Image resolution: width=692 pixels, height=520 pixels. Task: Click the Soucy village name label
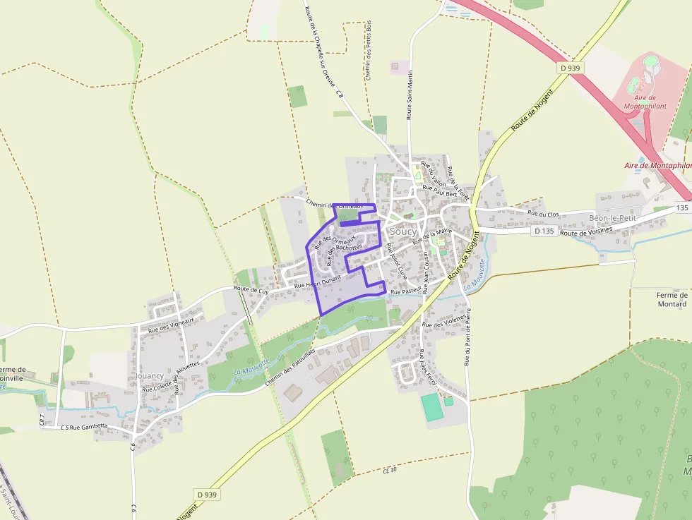pos(402,231)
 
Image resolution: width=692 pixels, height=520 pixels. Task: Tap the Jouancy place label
pos(150,376)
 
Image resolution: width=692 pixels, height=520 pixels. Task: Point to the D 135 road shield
pos(544,231)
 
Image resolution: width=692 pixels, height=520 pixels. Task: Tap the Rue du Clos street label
pos(542,212)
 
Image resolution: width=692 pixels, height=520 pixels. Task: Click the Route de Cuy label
pos(251,290)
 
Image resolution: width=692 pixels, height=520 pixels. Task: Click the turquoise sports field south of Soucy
pos(432,407)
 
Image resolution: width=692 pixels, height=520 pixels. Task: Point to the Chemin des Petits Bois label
pos(368,49)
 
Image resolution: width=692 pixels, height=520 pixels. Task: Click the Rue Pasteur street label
pos(406,291)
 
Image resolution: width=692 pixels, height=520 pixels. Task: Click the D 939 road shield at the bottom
pos(205,495)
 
